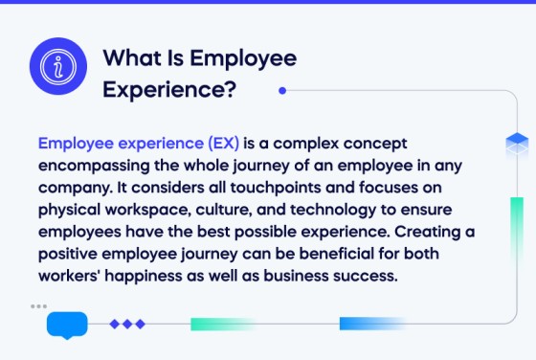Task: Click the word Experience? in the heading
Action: pos(170,90)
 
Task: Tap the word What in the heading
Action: pos(129,58)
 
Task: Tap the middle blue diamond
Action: pos(127,325)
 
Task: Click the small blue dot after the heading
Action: pos(281,91)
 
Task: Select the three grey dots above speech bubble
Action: pos(38,306)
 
